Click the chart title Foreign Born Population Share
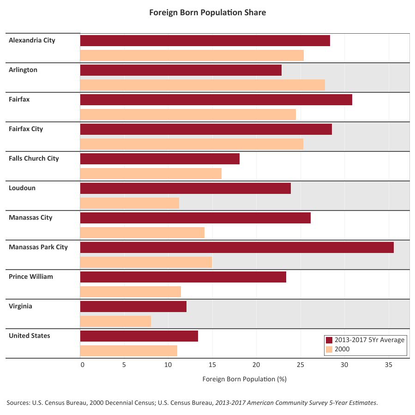[x=207, y=12]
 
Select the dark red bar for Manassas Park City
[x=237, y=247]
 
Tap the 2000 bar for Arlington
[x=202, y=85]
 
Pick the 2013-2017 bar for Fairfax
[x=216, y=100]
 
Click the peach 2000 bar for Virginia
[x=115, y=321]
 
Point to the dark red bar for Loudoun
[x=185, y=188]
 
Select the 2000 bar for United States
[x=128, y=351]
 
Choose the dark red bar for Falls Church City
[x=160, y=159]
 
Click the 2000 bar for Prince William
[x=130, y=292]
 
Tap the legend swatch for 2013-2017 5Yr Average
[x=329, y=340]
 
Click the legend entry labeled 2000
[x=342, y=349]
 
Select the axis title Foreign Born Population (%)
[x=245, y=379]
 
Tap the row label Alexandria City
[x=32, y=40]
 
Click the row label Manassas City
[x=30, y=217]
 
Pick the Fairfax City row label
[x=26, y=129]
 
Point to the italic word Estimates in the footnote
[x=363, y=403]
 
